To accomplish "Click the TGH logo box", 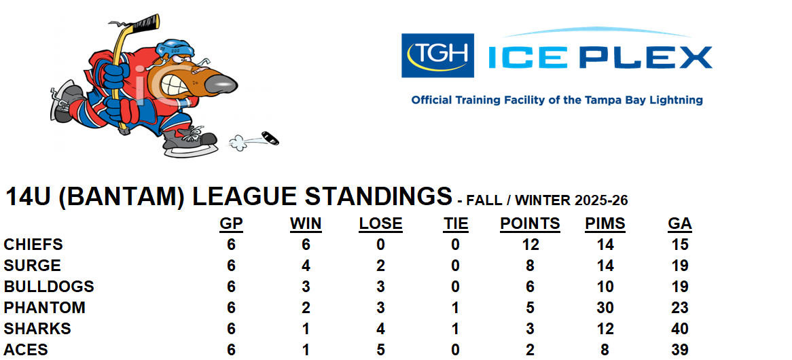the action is pyautogui.click(x=437, y=56).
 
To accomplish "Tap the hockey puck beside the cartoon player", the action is pyautogui.click(x=270, y=138).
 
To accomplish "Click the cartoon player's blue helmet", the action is pyautogui.click(x=175, y=49).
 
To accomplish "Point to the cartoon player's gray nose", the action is pyautogui.click(x=221, y=84).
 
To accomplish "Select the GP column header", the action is pyautogui.click(x=232, y=223).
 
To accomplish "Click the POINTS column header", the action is pyautogui.click(x=530, y=223).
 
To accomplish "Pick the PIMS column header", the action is pyautogui.click(x=605, y=223).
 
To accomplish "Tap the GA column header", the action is pyautogui.click(x=680, y=223).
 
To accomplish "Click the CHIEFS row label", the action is pyautogui.click(x=33, y=245).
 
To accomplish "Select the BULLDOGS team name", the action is pyautogui.click(x=49, y=287).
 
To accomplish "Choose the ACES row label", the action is pyautogui.click(x=26, y=349).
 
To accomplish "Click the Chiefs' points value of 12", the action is pyautogui.click(x=530, y=245).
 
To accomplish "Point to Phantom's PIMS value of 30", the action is pyautogui.click(x=605, y=308).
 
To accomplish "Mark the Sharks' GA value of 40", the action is pyautogui.click(x=680, y=329).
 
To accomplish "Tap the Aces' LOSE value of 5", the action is pyautogui.click(x=380, y=349).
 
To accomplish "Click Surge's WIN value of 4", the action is pyautogui.click(x=306, y=266).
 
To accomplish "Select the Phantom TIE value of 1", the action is pyautogui.click(x=455, y=308).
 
